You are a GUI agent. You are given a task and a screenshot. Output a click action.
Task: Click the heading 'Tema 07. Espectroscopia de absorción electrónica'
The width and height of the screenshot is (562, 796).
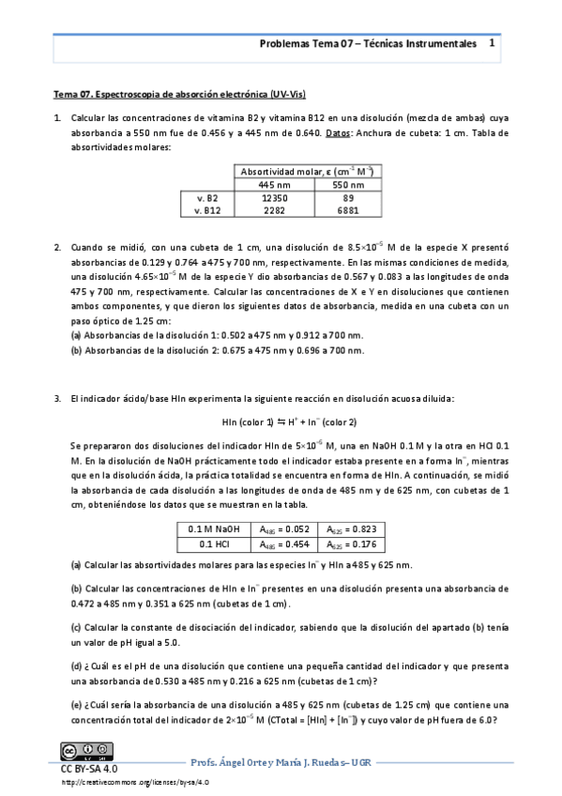click(179, 95)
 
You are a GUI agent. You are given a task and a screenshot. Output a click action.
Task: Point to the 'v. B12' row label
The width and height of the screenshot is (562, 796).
click(205, 211)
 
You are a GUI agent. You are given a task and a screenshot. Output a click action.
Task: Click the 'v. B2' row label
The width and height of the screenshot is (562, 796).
click(206, 199)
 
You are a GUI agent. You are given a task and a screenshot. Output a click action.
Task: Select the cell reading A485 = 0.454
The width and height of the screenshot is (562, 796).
click(285, 543)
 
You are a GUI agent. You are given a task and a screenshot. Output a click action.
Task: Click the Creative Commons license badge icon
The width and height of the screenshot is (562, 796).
click(79, 752)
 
